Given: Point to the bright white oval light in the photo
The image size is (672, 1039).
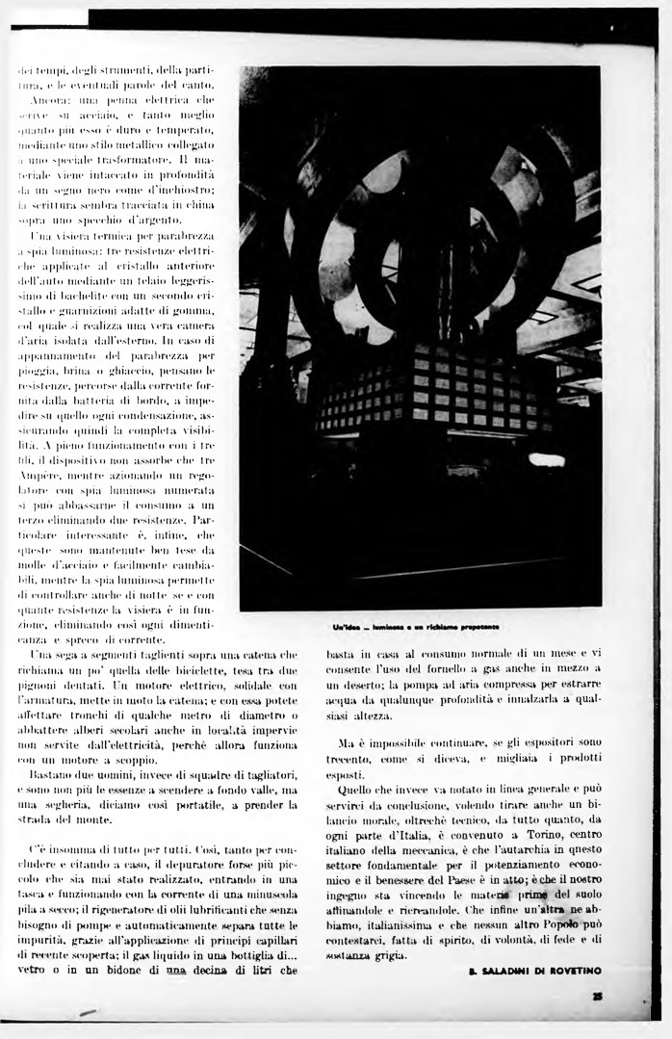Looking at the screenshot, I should click(547, 459).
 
